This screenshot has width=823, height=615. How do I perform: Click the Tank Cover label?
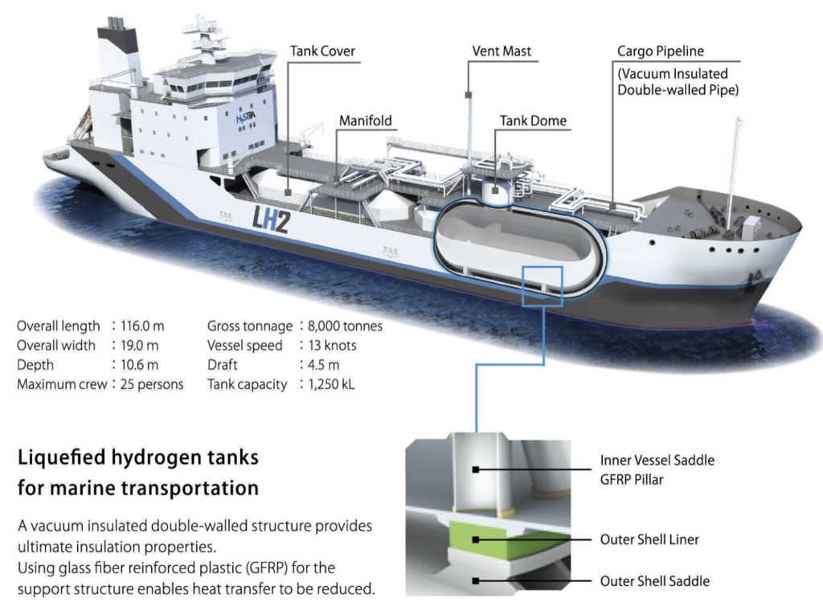[x=322, y=51]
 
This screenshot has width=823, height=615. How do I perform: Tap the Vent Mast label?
[x=502, y=51]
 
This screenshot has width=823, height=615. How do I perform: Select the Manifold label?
[x=366, y=121]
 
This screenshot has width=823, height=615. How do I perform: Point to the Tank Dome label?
[x=533, y=121]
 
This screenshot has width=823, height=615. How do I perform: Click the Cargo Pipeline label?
[x=661, y=51]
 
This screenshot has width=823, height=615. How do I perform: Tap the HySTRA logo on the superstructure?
[x=246, y=118]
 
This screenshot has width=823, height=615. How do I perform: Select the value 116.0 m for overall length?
[x=142, y=326]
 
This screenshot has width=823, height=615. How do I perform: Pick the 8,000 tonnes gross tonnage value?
[x=345, y=326]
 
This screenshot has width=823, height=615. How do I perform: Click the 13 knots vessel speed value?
[x=332, y=346]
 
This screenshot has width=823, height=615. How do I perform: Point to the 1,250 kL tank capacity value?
[x=331, y=384]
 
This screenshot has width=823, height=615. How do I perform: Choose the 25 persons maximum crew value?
[x=152, y=384]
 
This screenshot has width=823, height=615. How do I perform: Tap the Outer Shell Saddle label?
[x=654, y=581]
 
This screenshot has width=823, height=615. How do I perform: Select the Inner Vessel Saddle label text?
[x=657, y=461]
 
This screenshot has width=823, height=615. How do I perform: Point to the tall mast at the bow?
[x=734, y=174]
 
